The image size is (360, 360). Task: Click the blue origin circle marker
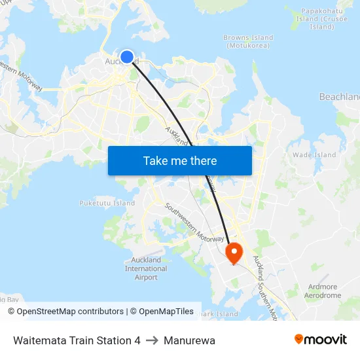127,57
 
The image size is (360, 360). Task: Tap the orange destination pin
234,252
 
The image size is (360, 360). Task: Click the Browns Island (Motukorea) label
248,41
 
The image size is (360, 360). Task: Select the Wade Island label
314,155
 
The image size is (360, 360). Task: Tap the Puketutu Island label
107,203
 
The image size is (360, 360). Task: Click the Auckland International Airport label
146,268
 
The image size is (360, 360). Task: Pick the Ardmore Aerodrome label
323,291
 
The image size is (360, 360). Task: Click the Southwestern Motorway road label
195,223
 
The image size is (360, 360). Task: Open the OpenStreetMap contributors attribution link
70,312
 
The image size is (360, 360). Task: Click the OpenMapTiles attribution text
166,312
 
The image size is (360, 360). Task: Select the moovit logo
320,339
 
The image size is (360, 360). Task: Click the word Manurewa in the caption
189,340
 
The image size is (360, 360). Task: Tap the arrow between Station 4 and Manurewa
152,340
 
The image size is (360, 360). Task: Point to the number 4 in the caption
137,340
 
